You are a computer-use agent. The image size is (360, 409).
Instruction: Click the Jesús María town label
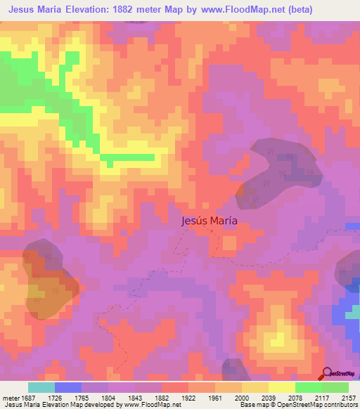tap(209, 220)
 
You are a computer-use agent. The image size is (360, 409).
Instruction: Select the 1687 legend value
tap(26, 398)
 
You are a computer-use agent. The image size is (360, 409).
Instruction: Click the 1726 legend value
tap(54, 398)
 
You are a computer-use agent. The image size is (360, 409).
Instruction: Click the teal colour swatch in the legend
tap(41, 387)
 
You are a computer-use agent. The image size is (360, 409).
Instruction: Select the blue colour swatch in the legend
tap(68, 387)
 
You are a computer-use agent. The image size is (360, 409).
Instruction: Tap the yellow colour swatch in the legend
tap(281, 387)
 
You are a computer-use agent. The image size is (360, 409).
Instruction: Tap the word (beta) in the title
tap(298, 9)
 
